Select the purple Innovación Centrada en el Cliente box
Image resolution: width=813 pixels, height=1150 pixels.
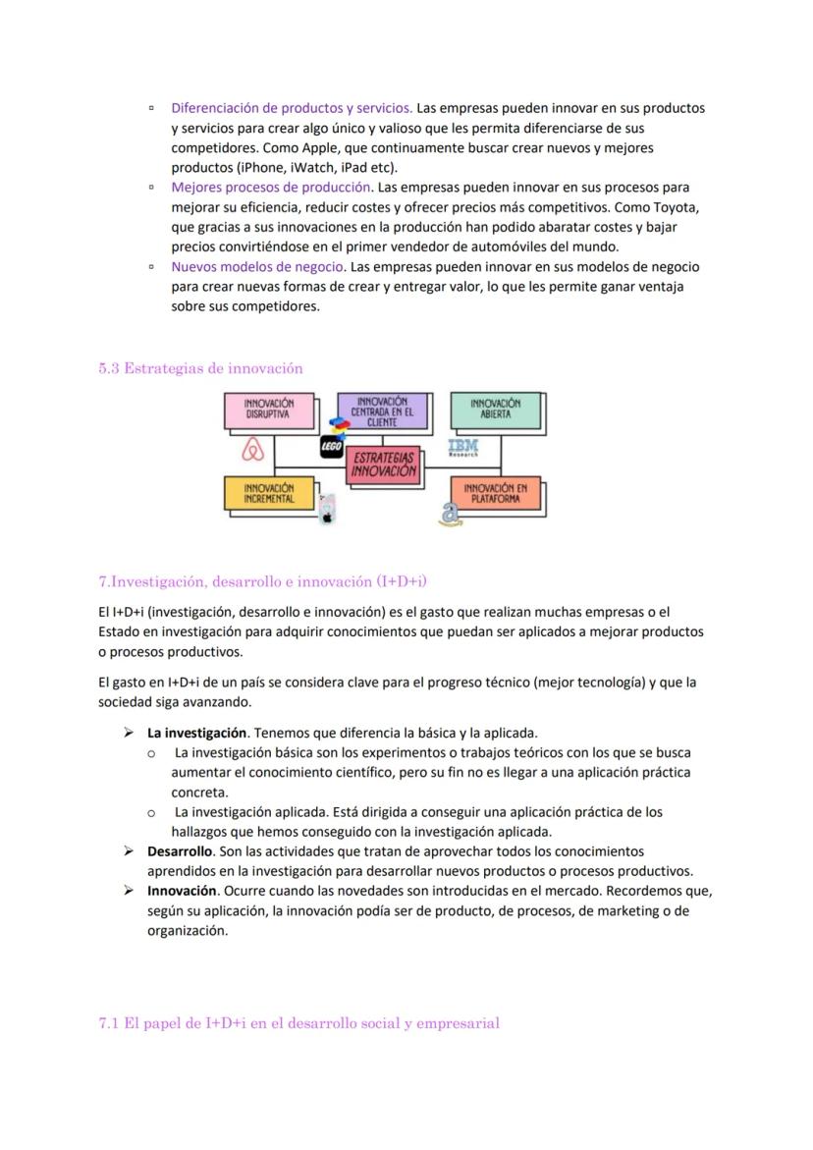382,411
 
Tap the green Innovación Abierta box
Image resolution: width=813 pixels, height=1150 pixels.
495,410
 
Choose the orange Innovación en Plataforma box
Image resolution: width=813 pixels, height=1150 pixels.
495,493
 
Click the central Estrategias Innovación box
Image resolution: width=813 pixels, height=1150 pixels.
385,465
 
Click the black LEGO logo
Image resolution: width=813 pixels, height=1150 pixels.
331,448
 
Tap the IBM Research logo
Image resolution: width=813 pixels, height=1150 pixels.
462,448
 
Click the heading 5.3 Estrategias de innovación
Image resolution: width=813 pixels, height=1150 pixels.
200,368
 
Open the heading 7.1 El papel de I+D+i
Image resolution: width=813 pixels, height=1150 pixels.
298,1023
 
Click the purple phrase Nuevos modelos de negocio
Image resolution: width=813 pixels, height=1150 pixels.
257,267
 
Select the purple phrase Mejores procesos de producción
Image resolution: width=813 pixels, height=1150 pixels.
271,188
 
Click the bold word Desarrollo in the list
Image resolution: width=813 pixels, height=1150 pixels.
180,851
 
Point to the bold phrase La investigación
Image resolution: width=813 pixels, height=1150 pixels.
196,733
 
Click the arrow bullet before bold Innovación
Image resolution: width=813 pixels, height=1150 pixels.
128,891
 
